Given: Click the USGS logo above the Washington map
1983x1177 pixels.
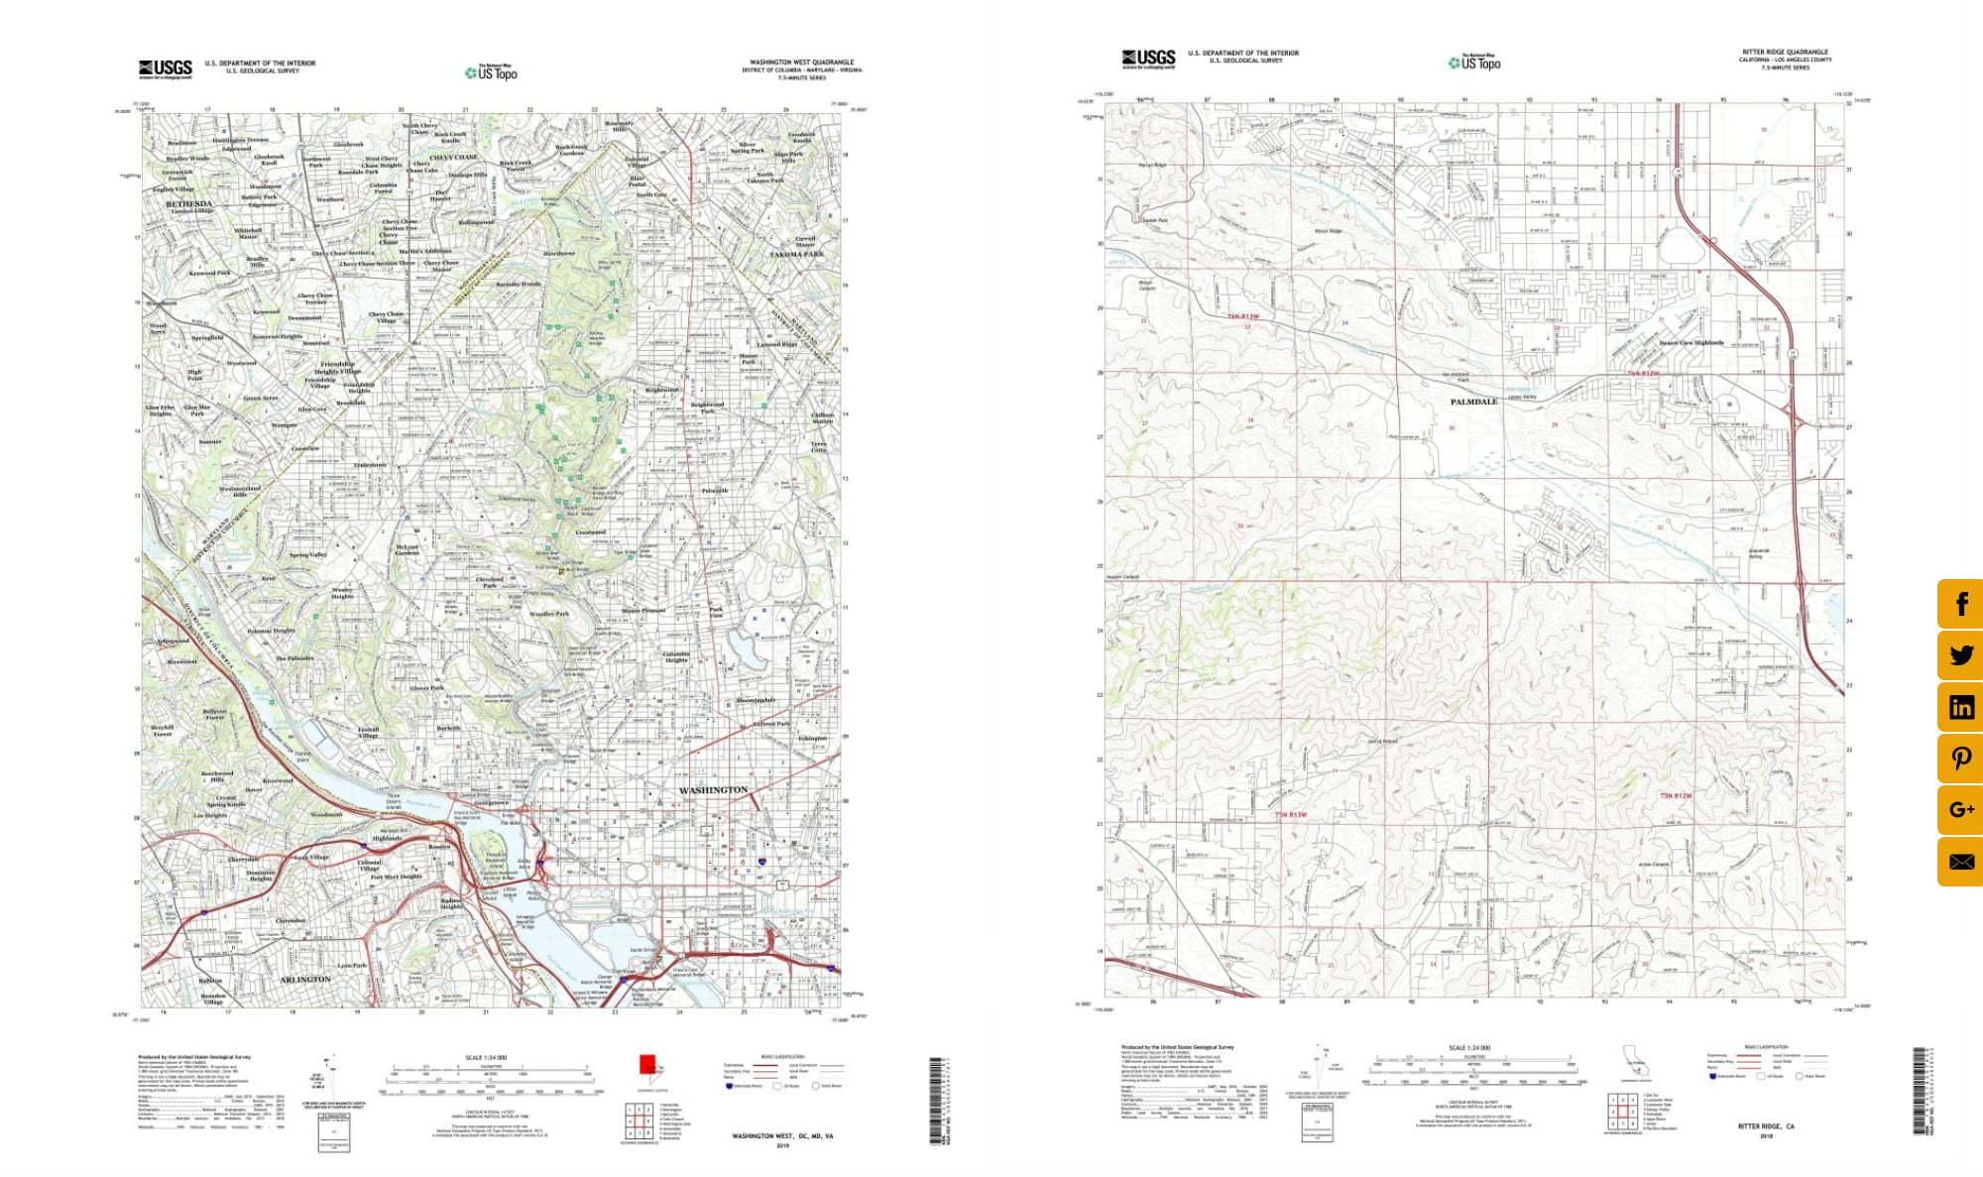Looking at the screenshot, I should coord(166,67).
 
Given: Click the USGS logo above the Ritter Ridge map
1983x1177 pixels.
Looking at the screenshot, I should coord(1148,59).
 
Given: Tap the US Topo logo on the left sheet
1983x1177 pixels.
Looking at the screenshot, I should coord(492,72).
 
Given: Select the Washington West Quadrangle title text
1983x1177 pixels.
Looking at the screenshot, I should coord(801,62).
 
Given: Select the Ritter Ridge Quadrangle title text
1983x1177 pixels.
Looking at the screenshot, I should coord(1785,53).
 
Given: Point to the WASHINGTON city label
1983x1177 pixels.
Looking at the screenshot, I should coord(713,790).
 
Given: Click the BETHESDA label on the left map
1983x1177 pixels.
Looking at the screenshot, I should coord(188,203).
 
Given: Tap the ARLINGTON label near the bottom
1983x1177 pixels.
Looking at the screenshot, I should coord(305,979).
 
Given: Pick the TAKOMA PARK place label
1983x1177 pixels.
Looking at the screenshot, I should coord(796,255).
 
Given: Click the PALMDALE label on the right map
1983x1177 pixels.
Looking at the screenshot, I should coord(1473,402).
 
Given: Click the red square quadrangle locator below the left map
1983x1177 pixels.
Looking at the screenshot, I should coord(647,1064).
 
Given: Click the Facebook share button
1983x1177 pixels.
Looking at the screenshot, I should coord(1960,604).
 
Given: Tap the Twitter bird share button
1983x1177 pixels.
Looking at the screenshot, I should coord(1960,655).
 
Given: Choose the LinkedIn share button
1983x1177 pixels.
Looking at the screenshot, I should coord(1960,707).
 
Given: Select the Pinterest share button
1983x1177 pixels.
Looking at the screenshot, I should coord(1960,759).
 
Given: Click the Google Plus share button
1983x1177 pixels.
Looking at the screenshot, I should coord(1960,810).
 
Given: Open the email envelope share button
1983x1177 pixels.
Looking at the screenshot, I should coord(1960,862).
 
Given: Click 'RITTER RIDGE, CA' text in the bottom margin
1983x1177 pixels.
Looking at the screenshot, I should coord(1766,1126).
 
